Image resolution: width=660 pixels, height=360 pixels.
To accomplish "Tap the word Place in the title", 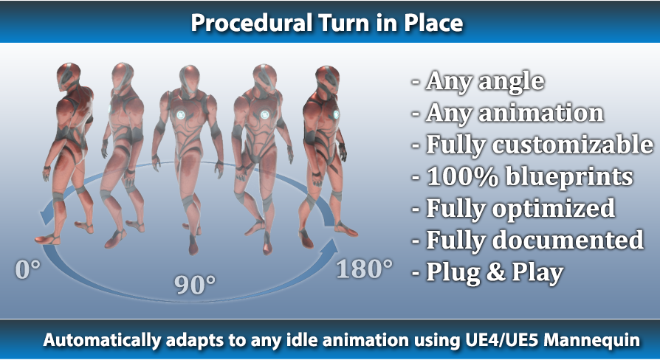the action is coord(433,23).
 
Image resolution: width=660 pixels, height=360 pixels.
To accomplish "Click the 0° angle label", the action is coord(28,269).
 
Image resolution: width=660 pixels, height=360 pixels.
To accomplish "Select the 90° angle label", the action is coord(195,285).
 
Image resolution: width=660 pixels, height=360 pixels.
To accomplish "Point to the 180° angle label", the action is coord(365,269).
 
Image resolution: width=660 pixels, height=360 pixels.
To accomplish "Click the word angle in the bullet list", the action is coord(511,82).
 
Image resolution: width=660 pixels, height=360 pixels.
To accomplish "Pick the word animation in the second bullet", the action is coord(541,113).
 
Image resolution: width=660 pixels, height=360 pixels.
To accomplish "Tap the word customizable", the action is coord(573,145).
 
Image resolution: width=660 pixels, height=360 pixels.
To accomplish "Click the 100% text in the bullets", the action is coord(461,176).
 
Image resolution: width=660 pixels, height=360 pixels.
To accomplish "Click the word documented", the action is coord(568,240).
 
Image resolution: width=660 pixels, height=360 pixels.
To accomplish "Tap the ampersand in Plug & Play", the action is coord(495,272).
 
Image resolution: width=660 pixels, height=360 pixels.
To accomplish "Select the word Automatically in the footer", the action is coord(102,340).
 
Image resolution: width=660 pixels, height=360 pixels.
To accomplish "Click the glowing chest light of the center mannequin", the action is coord(181,114).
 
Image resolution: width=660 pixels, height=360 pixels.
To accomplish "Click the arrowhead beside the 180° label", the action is coord(329,248).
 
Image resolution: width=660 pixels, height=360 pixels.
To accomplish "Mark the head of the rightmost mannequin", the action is coord(328,79).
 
